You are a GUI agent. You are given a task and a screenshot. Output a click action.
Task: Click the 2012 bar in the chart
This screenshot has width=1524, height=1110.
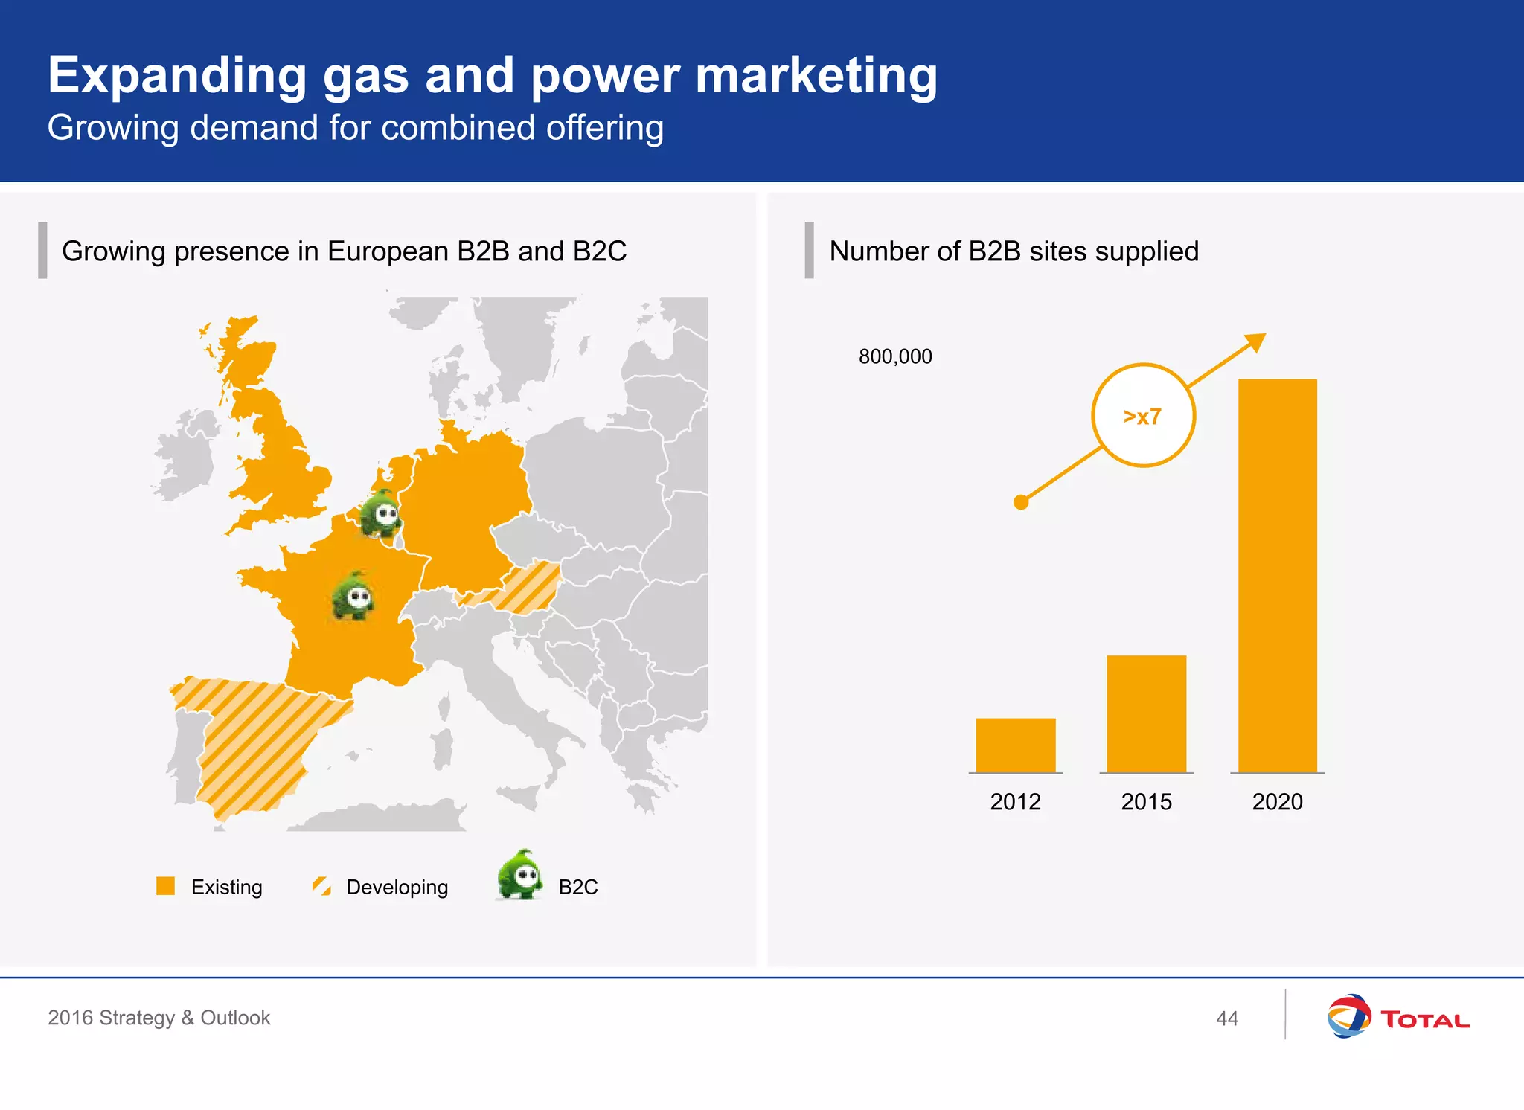1015,745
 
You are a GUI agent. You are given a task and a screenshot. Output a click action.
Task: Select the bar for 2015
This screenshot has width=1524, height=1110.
1146,713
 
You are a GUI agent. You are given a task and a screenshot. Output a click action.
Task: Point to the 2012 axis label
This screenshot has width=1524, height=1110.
1015,802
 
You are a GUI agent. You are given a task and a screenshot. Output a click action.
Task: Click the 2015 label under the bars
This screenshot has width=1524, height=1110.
1146,802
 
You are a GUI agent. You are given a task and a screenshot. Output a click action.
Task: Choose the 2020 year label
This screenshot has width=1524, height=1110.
1277,802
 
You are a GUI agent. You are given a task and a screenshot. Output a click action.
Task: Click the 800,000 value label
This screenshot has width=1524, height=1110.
895,357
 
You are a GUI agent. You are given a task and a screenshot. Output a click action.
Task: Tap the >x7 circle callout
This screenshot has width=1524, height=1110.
1143,415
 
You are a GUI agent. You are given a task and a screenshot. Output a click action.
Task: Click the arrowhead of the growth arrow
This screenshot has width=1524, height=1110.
1256,341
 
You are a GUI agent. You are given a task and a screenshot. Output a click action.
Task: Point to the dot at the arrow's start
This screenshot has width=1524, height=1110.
1021,502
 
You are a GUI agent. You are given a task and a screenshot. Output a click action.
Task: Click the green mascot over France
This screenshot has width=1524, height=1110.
353,596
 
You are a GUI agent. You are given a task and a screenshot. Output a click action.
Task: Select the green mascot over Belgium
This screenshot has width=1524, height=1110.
381,513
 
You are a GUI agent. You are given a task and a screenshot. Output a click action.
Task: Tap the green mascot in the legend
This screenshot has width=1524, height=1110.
520,876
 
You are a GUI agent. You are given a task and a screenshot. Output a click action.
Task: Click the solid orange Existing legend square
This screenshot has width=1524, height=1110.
165,885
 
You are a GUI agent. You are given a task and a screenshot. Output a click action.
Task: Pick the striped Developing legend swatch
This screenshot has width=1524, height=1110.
321,885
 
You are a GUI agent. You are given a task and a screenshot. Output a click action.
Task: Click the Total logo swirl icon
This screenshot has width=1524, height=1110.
1348,1016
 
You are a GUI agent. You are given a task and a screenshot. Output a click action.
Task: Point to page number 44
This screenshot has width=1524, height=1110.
1227,1018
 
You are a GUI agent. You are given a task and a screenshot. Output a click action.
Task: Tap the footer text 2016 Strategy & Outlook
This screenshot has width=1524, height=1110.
159,1018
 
